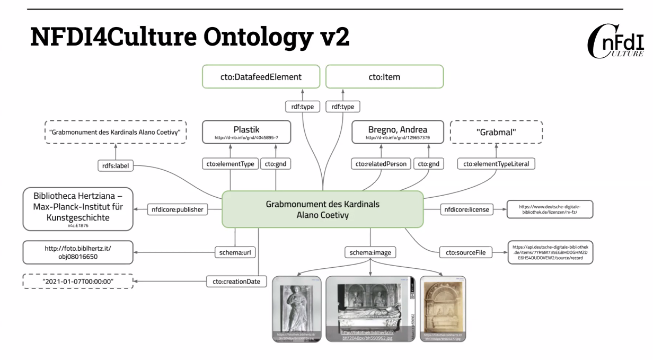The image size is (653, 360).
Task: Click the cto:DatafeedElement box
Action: click(261, 77)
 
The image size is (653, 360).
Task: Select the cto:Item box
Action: click(384, 77)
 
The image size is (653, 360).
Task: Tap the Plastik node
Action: click(246, 132)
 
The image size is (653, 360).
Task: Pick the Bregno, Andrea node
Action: click(398, 132)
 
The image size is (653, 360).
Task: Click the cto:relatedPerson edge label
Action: click(381, 164)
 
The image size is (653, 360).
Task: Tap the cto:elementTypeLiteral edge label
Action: click(496, 164)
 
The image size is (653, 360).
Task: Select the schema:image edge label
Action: click(370, 252)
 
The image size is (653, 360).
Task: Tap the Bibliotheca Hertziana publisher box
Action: click(78, 209)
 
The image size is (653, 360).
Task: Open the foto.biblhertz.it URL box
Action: click(78, 252)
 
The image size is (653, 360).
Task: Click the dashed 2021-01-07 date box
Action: click(78, 280)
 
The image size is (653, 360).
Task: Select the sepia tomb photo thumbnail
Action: click(443, 308)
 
